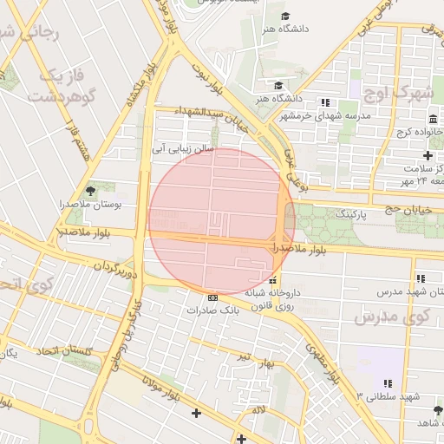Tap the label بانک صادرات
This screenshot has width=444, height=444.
212,309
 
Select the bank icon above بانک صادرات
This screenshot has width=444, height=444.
212,297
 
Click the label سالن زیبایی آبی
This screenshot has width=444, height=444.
183,148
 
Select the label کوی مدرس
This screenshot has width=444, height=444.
391,317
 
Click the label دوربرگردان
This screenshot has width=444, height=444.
117,264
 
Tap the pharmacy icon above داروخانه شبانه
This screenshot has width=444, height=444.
273,280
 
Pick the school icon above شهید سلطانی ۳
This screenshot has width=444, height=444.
388,382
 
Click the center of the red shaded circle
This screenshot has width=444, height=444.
222,222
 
